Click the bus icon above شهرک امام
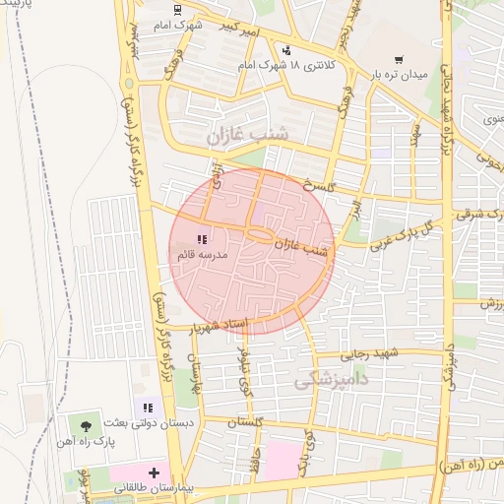[176, 10]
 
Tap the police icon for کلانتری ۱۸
[286, 49]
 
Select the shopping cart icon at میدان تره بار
[398, 60]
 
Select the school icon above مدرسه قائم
[202, 238]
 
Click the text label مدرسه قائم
[202, 254]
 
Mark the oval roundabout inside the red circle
[260, 235]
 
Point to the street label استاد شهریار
[221, 325]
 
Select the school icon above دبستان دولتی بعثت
[148, 407]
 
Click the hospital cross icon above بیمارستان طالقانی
[154, 472]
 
